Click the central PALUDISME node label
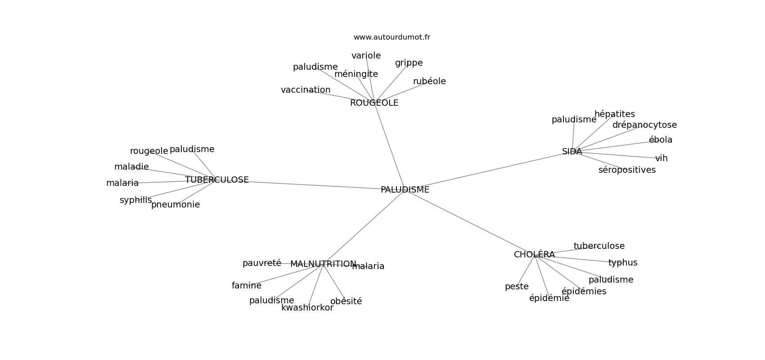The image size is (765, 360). pyautogui.click(x=405, y=190)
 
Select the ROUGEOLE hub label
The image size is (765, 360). pyautogui.click(x=374, y=103)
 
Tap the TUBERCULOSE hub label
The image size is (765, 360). pyautogui.click(x=217, y=180)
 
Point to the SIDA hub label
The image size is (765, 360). pyautogui.click(x=572, y=152)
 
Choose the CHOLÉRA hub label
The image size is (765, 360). pyautogui.click(x=535, y=254)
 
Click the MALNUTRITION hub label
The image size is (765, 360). pyautogui.click(x=324, y=264)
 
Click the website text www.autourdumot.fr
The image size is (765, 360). pyautogui.click(x=391, y=37)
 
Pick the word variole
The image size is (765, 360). pyautogui.click(x=366, y=55)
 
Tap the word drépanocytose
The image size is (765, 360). pyautogui.click(x=644, y=125)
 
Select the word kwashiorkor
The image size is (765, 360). pyautogui.click(x=307, y=308)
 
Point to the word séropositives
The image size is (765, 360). pyautogui.click(x=627, y=170)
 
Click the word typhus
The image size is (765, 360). pyautogui.click(x=623, y=263)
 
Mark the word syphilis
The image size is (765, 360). pyautogui.click(x=135, y=200)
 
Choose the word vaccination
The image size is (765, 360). pyautogui.click(x=306, y=90)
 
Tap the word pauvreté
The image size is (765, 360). pyautogui.click(x=262, y=263)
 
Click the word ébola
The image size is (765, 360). pyautogui.click(x=661, y=139)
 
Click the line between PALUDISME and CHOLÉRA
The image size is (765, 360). pyautogui.click(x=470, y=222)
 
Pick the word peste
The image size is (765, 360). pyautogui.click(x=517, y=287)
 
